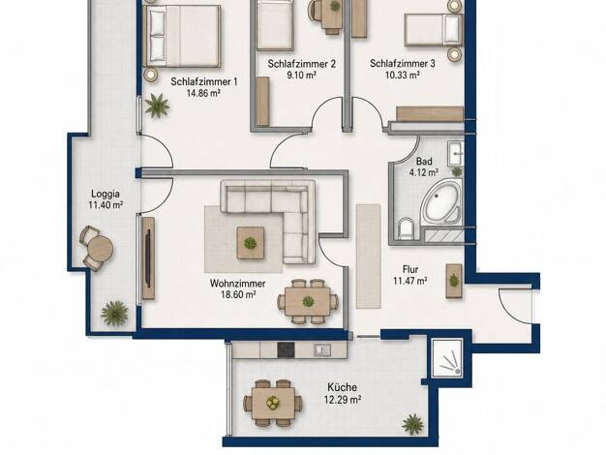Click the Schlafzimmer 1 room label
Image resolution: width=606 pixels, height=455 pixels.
click(204, 81)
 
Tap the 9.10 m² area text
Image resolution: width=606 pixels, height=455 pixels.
click(301, 75)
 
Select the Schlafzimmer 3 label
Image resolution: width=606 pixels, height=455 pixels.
click(403, 63)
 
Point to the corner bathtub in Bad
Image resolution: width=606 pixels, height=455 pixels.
click(441, 202)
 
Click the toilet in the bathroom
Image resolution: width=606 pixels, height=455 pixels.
click(406, 228)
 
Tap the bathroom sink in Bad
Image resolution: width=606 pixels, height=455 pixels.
click(456, 153)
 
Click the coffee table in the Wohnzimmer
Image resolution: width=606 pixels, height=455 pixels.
click(251, 243)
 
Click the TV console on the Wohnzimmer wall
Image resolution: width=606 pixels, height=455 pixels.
click(148, 258)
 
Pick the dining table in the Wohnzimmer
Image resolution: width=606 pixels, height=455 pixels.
click(308, 301)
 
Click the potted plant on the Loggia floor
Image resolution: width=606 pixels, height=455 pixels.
click(114, 313)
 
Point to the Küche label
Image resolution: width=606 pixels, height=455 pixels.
click(342, 387)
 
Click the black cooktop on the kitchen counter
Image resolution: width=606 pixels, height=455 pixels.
click(286, 349)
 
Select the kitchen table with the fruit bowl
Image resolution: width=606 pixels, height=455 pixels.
click(274, 403)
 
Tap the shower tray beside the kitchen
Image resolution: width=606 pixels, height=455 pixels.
click(447, 357)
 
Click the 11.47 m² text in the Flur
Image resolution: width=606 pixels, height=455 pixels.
click(410, 281)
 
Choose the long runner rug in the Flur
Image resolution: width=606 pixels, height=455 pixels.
click(368, 256)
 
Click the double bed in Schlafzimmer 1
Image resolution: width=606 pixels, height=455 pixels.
click(182, 36)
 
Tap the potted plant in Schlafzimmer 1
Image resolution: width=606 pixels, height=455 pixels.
click(157, 106)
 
